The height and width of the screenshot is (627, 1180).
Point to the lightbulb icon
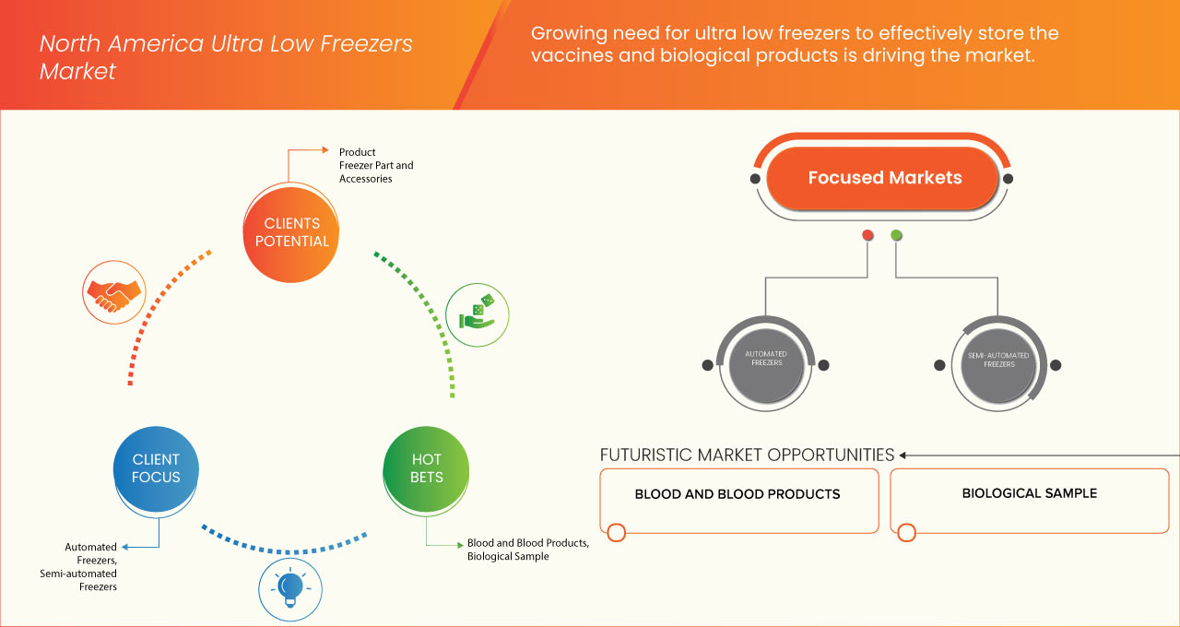click(x=289, y=586)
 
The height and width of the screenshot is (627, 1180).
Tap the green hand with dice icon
click(x=476, y=313)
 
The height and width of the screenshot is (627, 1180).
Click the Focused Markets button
click(x=884, y=178)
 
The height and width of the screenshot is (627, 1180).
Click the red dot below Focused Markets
click(x=867, y=235)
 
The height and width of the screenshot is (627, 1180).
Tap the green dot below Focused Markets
click(x=896, y=235)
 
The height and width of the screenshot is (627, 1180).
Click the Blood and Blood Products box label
click(x=737, y=494)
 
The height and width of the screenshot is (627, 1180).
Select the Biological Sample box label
click(x=1029, y=493)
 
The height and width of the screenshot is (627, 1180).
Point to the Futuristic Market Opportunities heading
click(x=747, y=455)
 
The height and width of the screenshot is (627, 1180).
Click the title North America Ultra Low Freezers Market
click(x=225, y=57)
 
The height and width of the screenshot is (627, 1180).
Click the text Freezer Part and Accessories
click(x=376, y=172)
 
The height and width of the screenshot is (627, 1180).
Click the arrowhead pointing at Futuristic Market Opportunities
click(x=903, y=455)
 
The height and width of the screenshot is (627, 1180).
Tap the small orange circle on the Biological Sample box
click(x=906, y=533)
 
